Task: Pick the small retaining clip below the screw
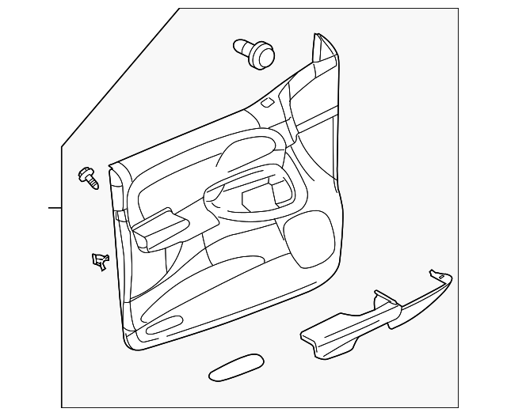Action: [99, 260]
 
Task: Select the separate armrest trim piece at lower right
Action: [372, 313]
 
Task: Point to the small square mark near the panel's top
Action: [269, 101]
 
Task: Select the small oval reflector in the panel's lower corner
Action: [164, 325]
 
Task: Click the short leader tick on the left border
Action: [55, 208]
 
